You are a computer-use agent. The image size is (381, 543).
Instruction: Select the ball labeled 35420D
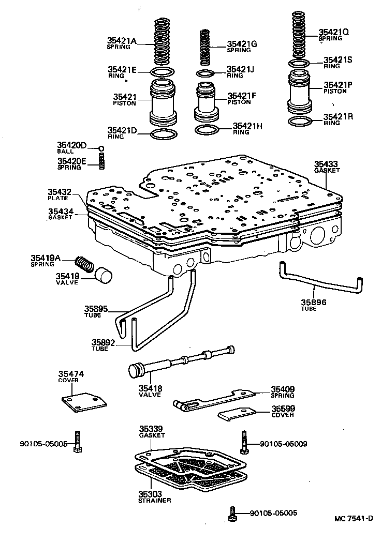tap(102, 148)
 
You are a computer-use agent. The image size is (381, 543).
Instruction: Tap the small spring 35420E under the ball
tap(102, 161)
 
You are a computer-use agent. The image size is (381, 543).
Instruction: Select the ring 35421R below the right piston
tap(299, 122)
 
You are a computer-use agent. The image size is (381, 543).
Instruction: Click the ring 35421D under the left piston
tap(162, 135)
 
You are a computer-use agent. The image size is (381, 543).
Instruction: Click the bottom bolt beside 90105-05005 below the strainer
tap(232, 514)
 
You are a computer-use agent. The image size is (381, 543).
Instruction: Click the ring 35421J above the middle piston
tap(206, 72)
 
